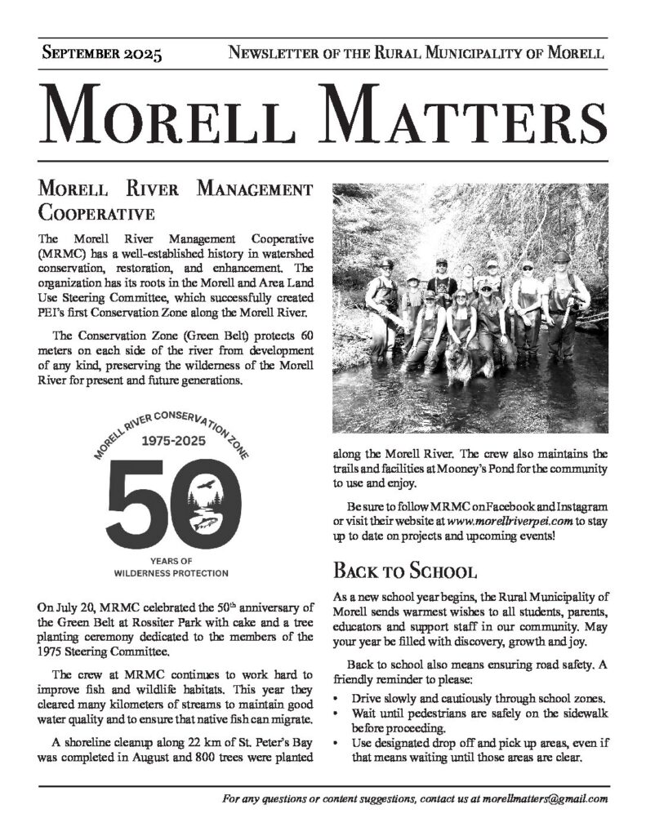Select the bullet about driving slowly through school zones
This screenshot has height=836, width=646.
(x=479, y=699)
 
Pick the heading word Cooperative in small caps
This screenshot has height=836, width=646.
(x=96, y=215)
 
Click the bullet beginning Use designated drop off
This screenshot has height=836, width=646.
(x=479, y=750)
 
